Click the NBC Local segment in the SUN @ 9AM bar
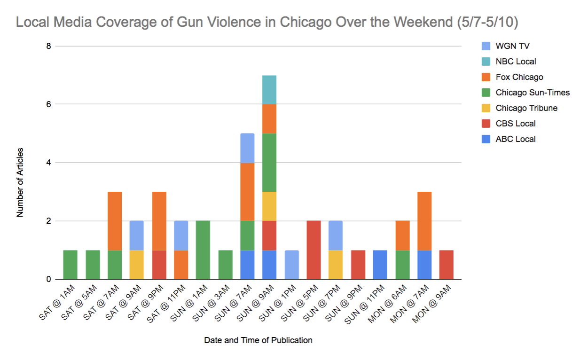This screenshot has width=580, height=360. click(269, 89)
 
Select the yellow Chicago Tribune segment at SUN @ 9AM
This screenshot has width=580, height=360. click(269, 206)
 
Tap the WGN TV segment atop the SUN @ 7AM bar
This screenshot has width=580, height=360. click(247, 148)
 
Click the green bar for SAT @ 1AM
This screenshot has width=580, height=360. click(70, 265)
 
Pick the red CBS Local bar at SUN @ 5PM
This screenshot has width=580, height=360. click(314, 250)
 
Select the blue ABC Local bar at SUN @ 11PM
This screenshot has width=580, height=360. click(380, 265)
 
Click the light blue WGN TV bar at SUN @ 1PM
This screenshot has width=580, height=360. click(291, 265)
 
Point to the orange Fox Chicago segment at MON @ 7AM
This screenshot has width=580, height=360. click(424, 221)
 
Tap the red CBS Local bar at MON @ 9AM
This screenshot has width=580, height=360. click(446, 265)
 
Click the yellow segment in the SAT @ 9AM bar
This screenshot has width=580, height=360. click(136, 265)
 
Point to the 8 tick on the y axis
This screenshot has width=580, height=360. click(48, 46)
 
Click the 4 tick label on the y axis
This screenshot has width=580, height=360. click(48, 163)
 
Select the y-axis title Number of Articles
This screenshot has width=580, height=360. click(20, 182)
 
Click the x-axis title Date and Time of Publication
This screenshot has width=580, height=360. click(258, 340)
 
